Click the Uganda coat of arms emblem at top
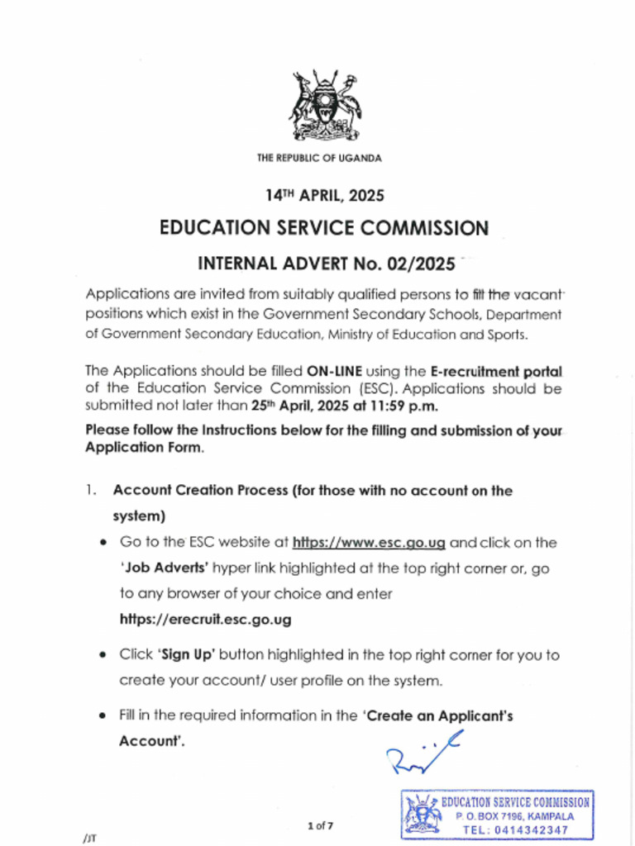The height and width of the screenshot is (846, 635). click(324, 107)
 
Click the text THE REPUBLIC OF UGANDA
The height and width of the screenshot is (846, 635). click(319, 158)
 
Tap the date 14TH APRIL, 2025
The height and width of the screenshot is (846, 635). click(324, 196)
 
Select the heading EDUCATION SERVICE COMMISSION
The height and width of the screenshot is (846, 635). click(324, 227)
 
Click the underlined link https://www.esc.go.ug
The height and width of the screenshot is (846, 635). click(370, 543)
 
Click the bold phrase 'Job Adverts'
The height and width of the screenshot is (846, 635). click(163, 568)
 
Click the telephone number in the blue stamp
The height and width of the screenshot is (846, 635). click(515, 829)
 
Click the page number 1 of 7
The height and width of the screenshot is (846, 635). click(320, 825)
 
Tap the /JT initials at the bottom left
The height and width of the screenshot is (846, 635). click(90, 838)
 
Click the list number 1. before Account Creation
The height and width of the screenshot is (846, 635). click(90, 491)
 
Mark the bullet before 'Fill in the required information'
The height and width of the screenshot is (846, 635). click(102, 716)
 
